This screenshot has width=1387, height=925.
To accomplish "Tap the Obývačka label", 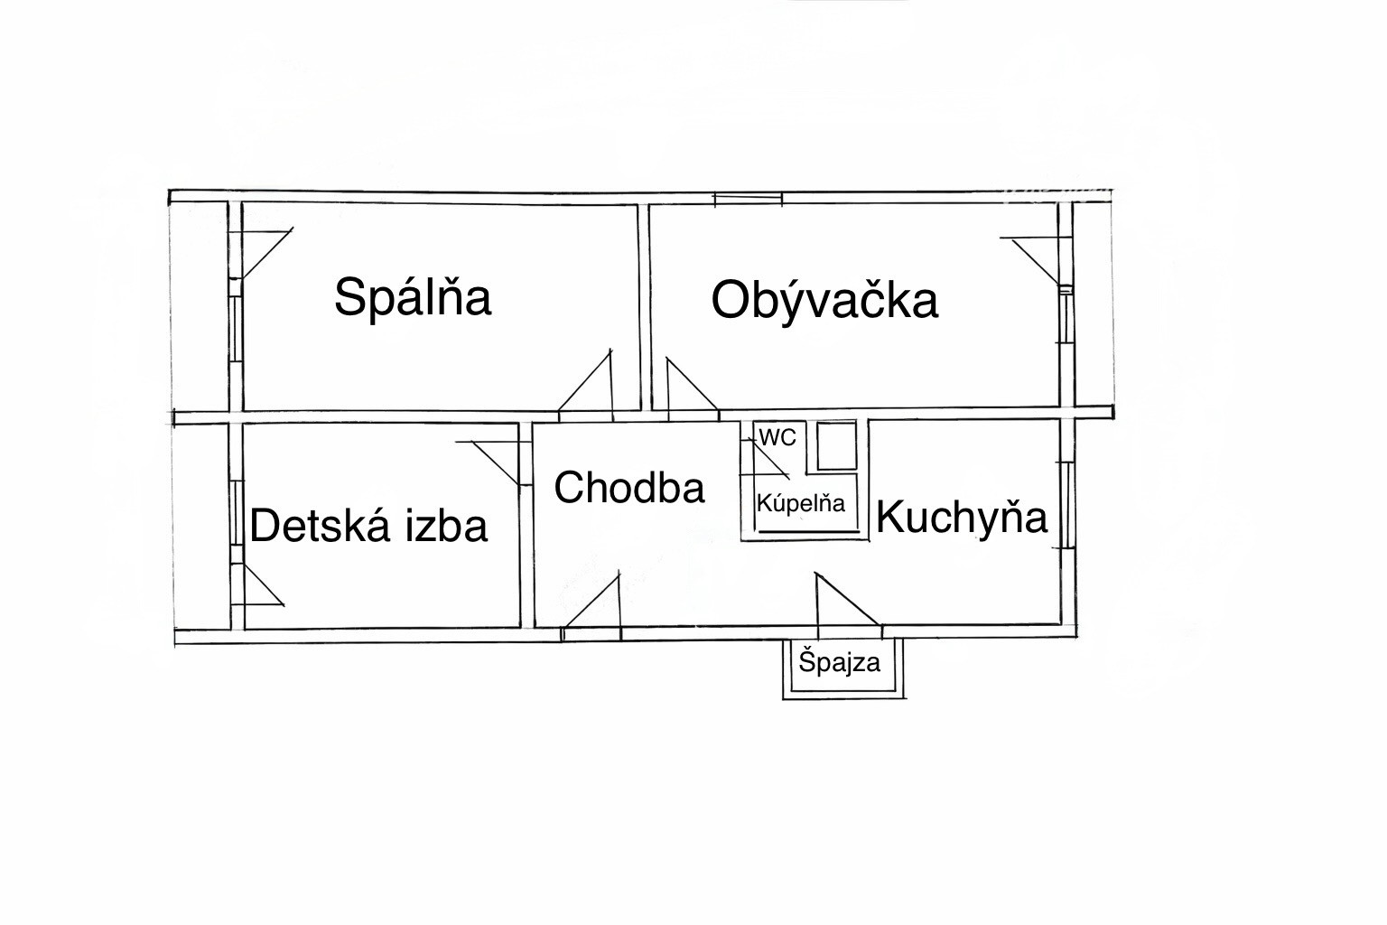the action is click(x=824, y=302).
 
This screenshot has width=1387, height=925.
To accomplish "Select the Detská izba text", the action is click(x=368, y=526).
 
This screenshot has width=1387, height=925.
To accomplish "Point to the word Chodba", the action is click(x=629, y=488).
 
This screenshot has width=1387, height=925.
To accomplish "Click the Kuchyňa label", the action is click(x=961, y=518).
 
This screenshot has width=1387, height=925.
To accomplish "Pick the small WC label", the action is click(x=777, y=438).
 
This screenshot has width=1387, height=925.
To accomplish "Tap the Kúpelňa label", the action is click(x=801, y=502).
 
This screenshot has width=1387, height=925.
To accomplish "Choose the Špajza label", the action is click(x=839, y=663).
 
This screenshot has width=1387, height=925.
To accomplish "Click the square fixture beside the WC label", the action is click(x=837, y=444).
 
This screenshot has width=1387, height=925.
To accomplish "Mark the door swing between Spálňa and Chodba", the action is click(x=586, y=386).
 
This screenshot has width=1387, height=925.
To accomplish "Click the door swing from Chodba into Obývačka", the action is click(x=693, y=384).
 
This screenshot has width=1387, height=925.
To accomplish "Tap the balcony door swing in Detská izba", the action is click(x=263, y=584).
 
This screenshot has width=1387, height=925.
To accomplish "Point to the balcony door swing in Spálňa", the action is click(x=266, y=254).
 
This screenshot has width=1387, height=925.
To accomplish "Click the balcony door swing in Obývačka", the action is click(x=1035, y=261).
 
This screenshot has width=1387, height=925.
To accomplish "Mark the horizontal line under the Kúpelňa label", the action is click(x=810, y=531).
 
